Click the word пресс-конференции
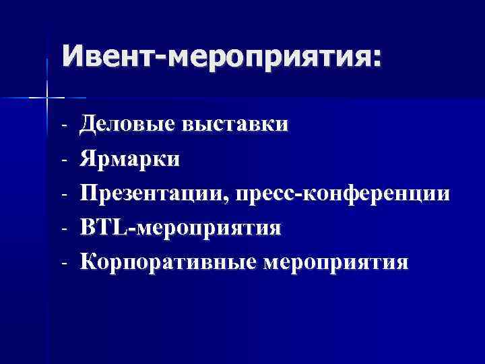pyautogui.click(x=343, y=194)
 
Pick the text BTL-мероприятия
pyautogui.click(x=181, y=228)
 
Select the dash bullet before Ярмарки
pyautogui.click(x=63, y=160)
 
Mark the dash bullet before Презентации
pyautogui.click(x=63, y=194)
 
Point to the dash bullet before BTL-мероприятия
pyautogui.click(x=63, y=228)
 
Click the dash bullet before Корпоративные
pyautogui.click(x=63, y=262)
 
